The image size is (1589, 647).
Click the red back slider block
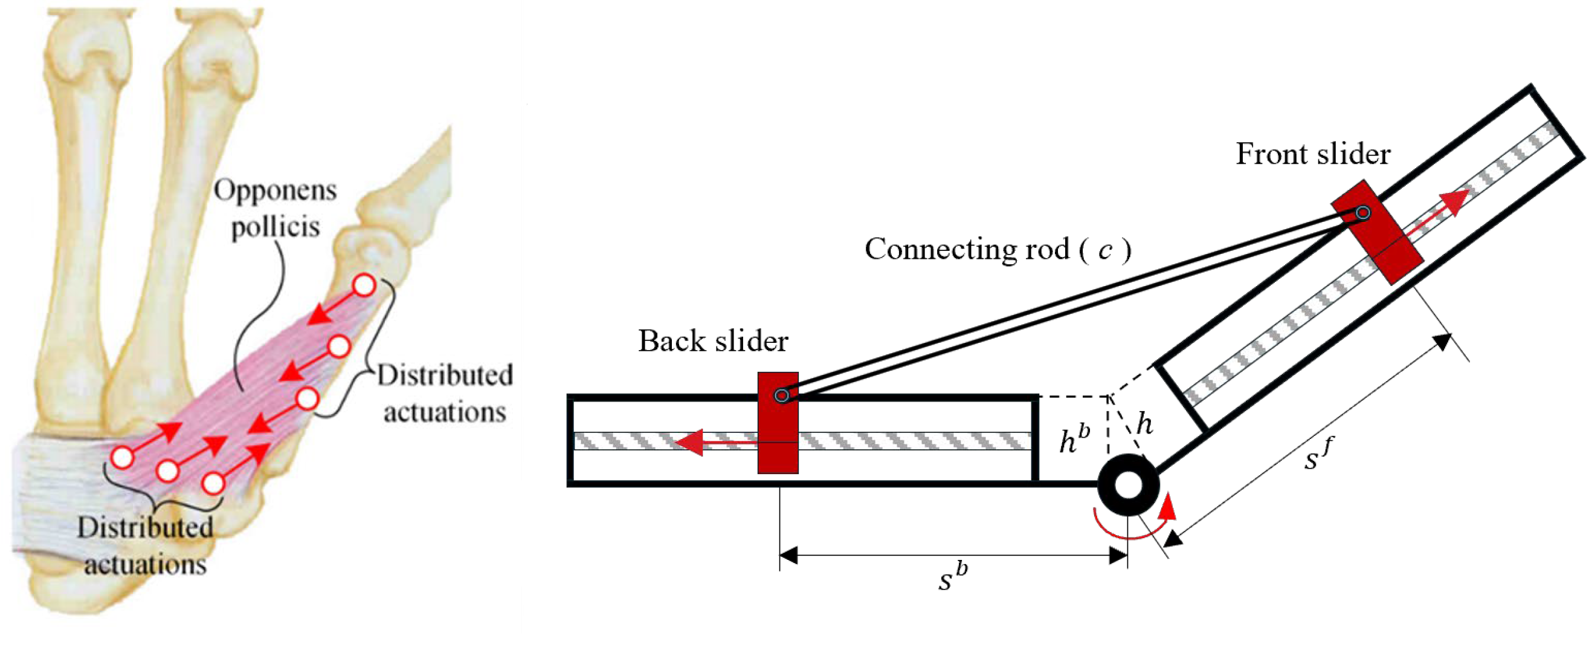778,432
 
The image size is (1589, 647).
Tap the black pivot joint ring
1128,485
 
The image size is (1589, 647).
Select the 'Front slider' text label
1313,154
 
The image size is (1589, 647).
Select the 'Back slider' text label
712,341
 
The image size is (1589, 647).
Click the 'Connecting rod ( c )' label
998,249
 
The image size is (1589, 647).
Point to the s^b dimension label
952,579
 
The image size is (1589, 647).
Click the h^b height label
1074,439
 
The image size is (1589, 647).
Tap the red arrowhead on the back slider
689,442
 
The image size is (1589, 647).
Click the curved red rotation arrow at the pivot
1135,528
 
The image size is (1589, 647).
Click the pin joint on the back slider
782,395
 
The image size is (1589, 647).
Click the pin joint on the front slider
1363,213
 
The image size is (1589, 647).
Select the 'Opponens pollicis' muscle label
275,208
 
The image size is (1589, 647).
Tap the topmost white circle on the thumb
364,286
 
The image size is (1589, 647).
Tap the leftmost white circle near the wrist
122,458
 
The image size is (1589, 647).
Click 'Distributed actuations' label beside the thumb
444,393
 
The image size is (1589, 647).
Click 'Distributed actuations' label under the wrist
145,546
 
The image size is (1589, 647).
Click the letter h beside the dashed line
1144,424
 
